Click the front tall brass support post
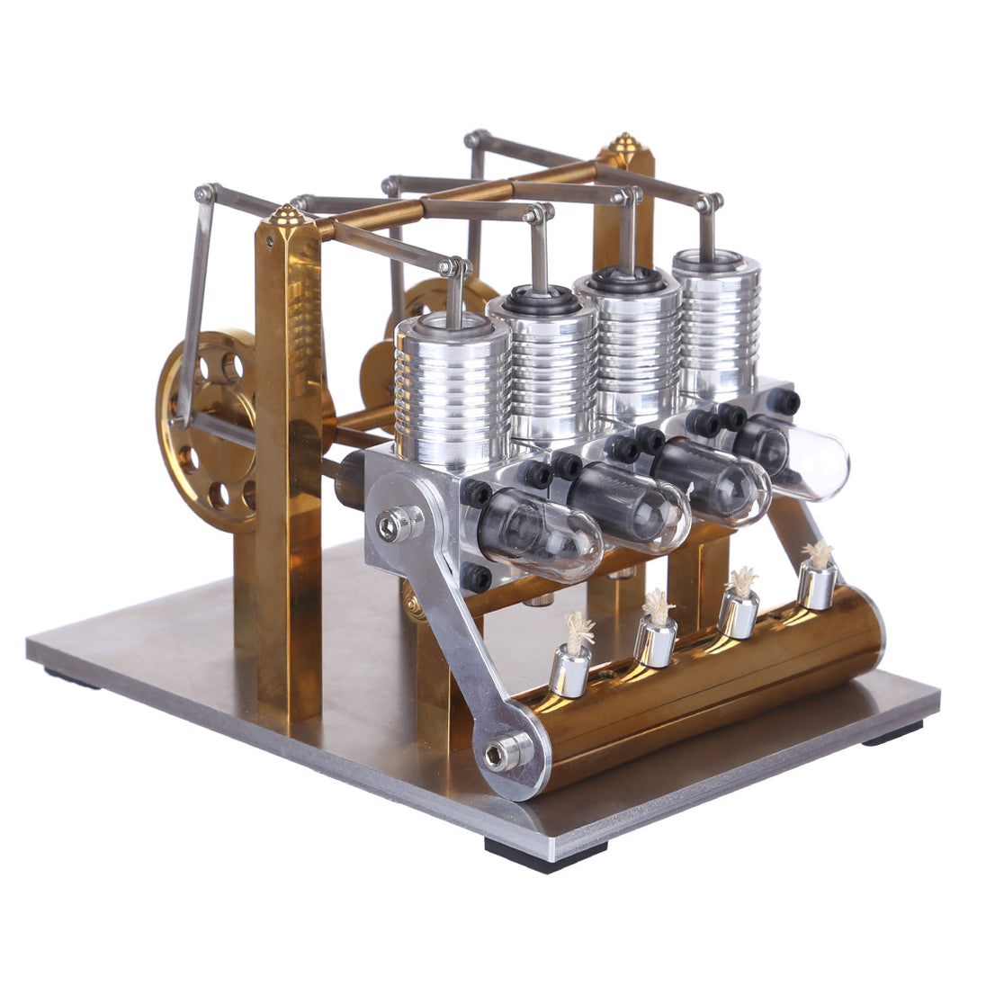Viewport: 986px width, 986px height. [288, 468]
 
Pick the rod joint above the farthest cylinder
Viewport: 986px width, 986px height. [712, 202]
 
